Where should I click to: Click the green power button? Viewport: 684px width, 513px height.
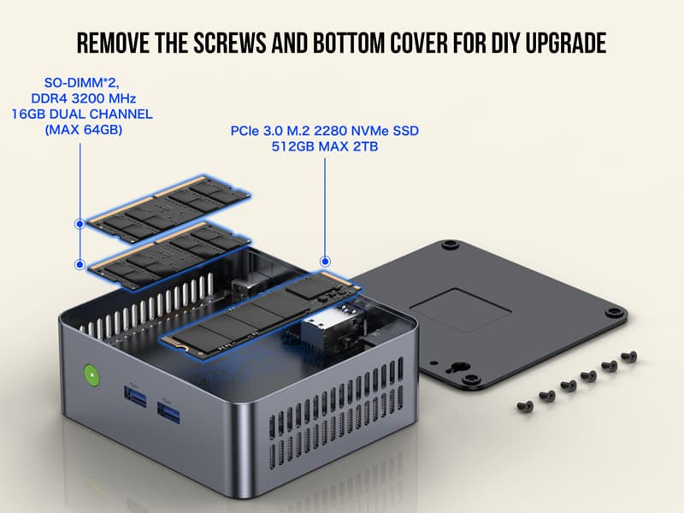[x=88, y=375]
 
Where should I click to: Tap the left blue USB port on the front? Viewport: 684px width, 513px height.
[x=136, y=396]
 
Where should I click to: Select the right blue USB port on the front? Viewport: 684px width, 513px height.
[x=169, y=416]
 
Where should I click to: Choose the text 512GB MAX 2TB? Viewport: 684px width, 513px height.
[x=324, y=147]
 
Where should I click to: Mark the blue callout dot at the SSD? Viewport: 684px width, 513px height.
[x=325, y=260]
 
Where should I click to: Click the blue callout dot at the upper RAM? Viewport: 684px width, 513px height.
[x=80, y=224]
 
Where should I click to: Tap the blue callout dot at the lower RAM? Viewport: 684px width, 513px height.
[x=80, y=264]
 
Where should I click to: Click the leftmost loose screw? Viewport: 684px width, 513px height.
[x=526, y=406]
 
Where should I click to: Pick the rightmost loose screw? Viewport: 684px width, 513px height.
[x=630, y=355]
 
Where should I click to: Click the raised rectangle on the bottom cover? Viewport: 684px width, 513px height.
[x=462, y=312]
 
